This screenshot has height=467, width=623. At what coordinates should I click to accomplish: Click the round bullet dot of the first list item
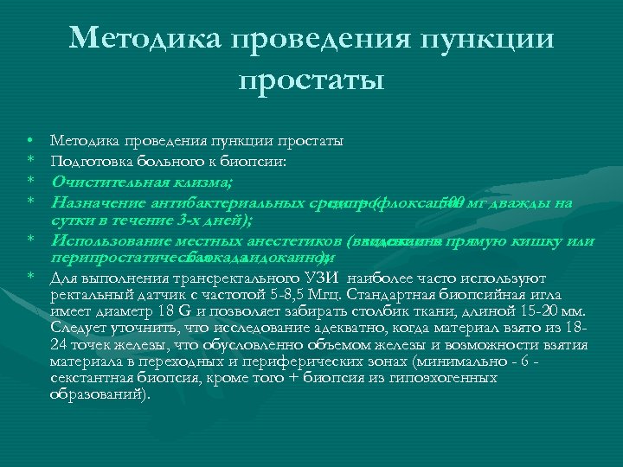(29, 139)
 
